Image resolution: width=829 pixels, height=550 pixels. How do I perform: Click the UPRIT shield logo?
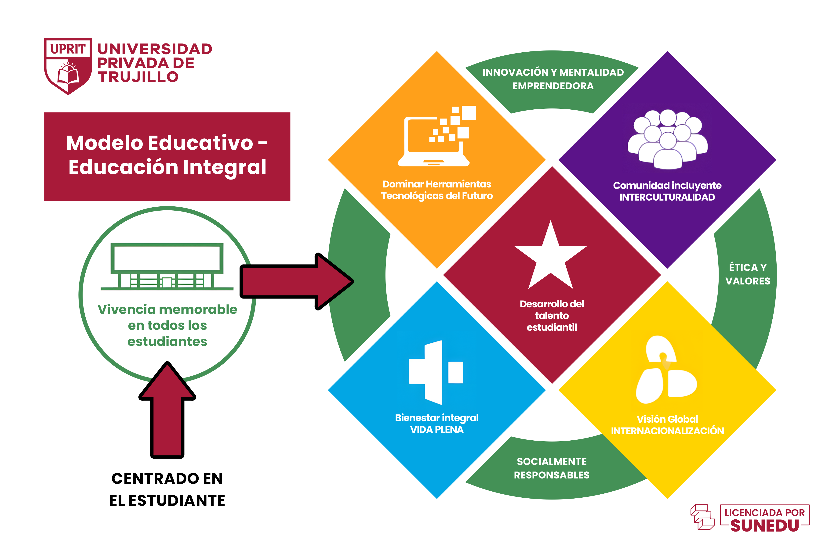(68, 66)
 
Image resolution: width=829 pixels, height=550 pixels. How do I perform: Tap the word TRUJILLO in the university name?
(138, 77)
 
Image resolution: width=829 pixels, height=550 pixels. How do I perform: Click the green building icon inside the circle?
(167, 266)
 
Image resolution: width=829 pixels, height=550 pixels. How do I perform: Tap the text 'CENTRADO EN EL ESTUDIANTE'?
(167, 489)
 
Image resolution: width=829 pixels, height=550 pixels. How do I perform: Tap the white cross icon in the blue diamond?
(436, 372)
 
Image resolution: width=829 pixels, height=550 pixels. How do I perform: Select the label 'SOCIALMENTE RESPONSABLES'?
(551, 468)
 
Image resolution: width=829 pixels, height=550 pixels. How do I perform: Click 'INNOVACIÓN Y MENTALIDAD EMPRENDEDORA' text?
(553, 79)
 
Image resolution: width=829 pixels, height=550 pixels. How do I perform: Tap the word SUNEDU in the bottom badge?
(764, 526)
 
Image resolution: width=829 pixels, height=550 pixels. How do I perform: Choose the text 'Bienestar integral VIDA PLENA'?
(437, 423)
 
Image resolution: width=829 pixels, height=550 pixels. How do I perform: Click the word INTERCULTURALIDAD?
(667, 197)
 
